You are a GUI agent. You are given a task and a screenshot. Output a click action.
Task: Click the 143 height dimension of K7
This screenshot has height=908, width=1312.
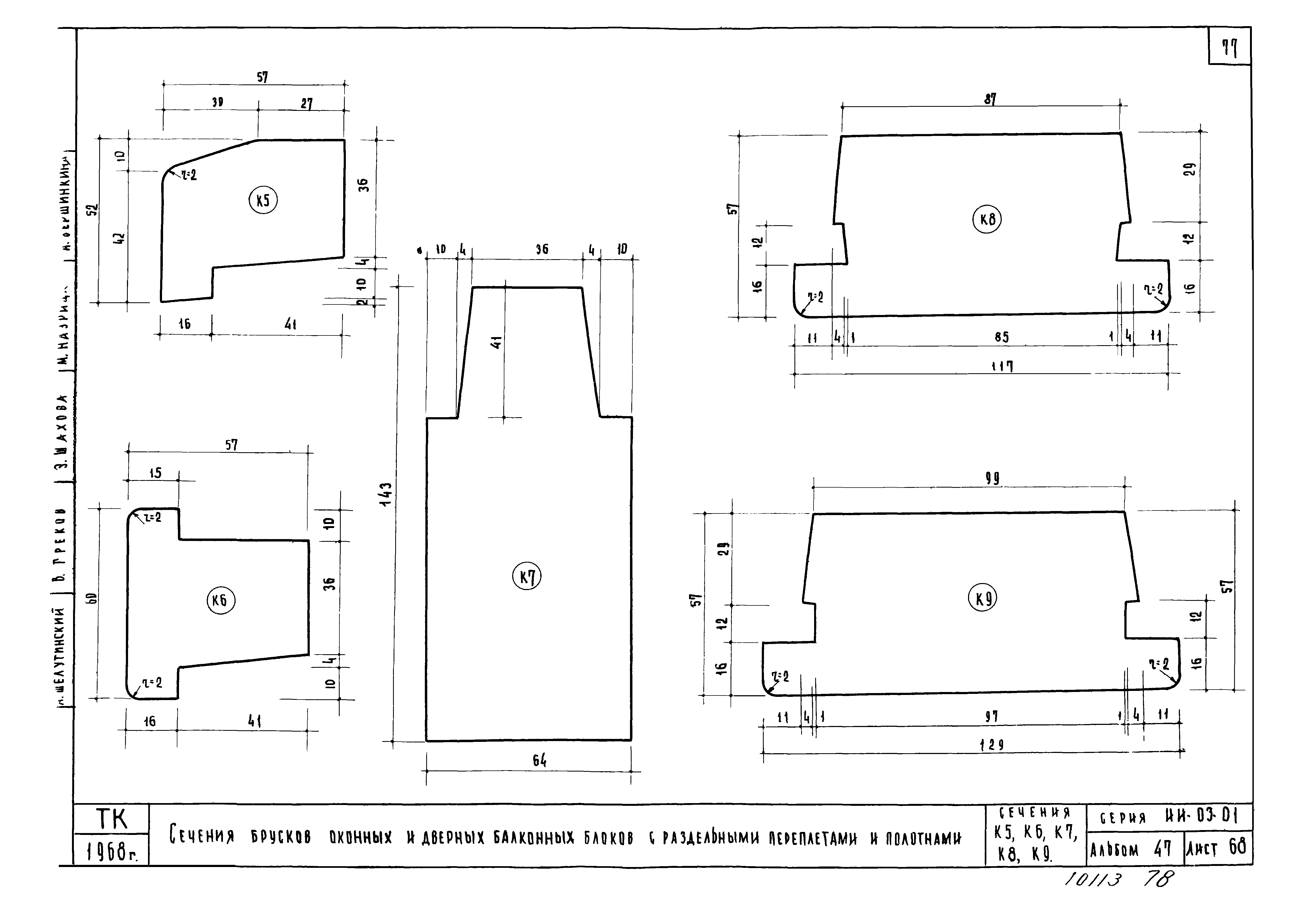(385, 495)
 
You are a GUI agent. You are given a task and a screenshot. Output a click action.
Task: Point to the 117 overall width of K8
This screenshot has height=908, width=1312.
(1002, 367)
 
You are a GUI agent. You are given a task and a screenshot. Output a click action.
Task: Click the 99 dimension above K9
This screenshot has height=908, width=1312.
(992, 479)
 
